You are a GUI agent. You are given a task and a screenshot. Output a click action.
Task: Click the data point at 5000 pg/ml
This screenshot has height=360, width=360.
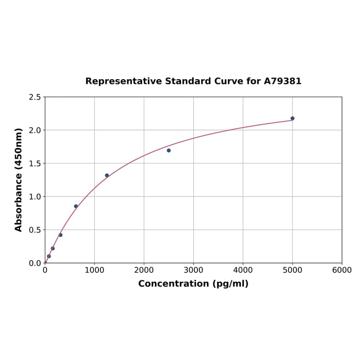[x=292, y=118]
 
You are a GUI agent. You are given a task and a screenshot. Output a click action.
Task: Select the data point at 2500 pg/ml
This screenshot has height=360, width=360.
[x=169, y=150]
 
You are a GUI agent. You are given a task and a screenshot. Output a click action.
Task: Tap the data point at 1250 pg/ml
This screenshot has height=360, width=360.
[x=107, y=175]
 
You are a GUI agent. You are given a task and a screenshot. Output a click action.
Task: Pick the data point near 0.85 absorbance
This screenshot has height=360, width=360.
[x=76, y=206]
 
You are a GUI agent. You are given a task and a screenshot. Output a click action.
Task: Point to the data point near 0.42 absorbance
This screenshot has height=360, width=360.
[x=60, y=235]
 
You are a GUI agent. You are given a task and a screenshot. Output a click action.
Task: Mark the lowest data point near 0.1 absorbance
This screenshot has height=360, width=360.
[x=49, y=256]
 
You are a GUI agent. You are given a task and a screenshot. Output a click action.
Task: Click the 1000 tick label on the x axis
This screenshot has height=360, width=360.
[x=94, y=270]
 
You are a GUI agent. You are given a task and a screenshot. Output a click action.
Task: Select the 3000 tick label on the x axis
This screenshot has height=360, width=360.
[x=193, y=270]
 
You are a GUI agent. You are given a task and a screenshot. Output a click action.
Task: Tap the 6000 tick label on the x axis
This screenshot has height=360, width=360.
[x=342, y=270]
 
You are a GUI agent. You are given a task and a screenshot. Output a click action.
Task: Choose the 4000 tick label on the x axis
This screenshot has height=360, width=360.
[x=243, y=270]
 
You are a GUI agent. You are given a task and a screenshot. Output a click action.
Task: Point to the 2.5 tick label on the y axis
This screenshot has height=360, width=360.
[x=35, y=97]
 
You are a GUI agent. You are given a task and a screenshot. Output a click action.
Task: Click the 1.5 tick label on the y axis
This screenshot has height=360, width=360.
[x=35, y=164]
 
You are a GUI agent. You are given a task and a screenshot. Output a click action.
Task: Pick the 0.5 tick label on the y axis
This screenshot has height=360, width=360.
[x=35, y=230]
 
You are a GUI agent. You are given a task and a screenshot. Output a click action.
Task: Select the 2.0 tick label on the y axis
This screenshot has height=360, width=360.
[x=35, y=130]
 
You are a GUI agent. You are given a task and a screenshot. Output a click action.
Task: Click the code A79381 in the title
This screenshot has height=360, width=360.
[x=282, y=81]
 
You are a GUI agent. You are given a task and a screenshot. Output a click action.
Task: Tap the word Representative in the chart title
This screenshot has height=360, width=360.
[x=123, y=81]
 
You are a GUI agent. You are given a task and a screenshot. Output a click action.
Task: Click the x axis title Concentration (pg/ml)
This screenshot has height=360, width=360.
[x=193, y=284]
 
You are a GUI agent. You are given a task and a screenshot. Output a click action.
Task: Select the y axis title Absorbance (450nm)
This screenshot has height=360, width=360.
[x=19, y=180]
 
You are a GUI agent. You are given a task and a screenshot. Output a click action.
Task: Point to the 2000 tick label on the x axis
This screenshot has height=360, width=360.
[x=144, y=270]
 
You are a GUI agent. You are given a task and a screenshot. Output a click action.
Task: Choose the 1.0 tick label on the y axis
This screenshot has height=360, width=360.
[x=35, y=196]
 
